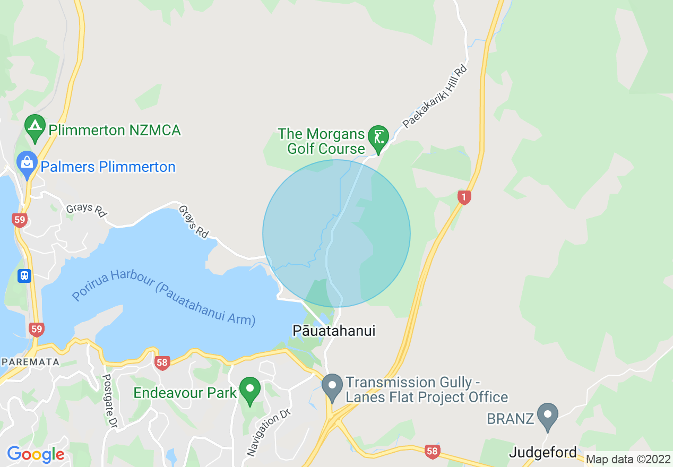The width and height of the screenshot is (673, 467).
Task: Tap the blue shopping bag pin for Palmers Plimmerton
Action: click(27, 163)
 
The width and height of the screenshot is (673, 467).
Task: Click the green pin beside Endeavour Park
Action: click(250, 391)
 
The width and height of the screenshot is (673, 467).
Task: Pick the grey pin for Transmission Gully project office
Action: click(333, 386)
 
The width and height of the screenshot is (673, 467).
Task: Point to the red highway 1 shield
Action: click(464, 198)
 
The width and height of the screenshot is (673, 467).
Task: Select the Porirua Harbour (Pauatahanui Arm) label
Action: click(163, 300)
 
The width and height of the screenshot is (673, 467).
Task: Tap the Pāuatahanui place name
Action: click(334, 331)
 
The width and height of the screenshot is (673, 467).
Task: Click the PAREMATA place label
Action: click(30, 362)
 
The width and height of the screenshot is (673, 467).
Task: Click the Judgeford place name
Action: click(542, 453)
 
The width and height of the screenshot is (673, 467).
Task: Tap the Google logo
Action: click(36, 454)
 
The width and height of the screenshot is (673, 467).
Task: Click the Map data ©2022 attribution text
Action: click(628, 459)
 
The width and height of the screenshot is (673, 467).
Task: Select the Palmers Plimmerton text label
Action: click(108, 167)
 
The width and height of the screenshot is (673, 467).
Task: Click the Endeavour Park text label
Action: click(185, 393)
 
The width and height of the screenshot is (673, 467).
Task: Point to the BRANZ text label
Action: click(510, 419)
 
